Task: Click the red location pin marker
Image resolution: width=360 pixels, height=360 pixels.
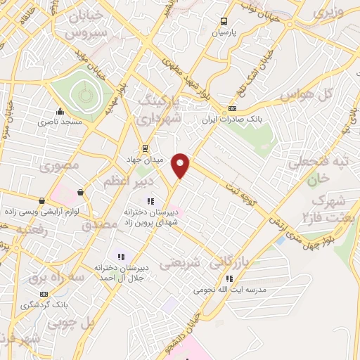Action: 181,166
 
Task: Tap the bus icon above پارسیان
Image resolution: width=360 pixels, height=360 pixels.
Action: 224,21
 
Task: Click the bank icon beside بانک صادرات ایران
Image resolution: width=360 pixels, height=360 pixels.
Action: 232,109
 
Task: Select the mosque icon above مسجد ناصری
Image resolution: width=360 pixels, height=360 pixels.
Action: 60,111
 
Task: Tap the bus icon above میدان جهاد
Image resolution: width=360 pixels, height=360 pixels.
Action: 144,148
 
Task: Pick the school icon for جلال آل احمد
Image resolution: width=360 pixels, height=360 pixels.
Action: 121,257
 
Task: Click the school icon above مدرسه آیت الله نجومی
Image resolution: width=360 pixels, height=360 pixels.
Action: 229,278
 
